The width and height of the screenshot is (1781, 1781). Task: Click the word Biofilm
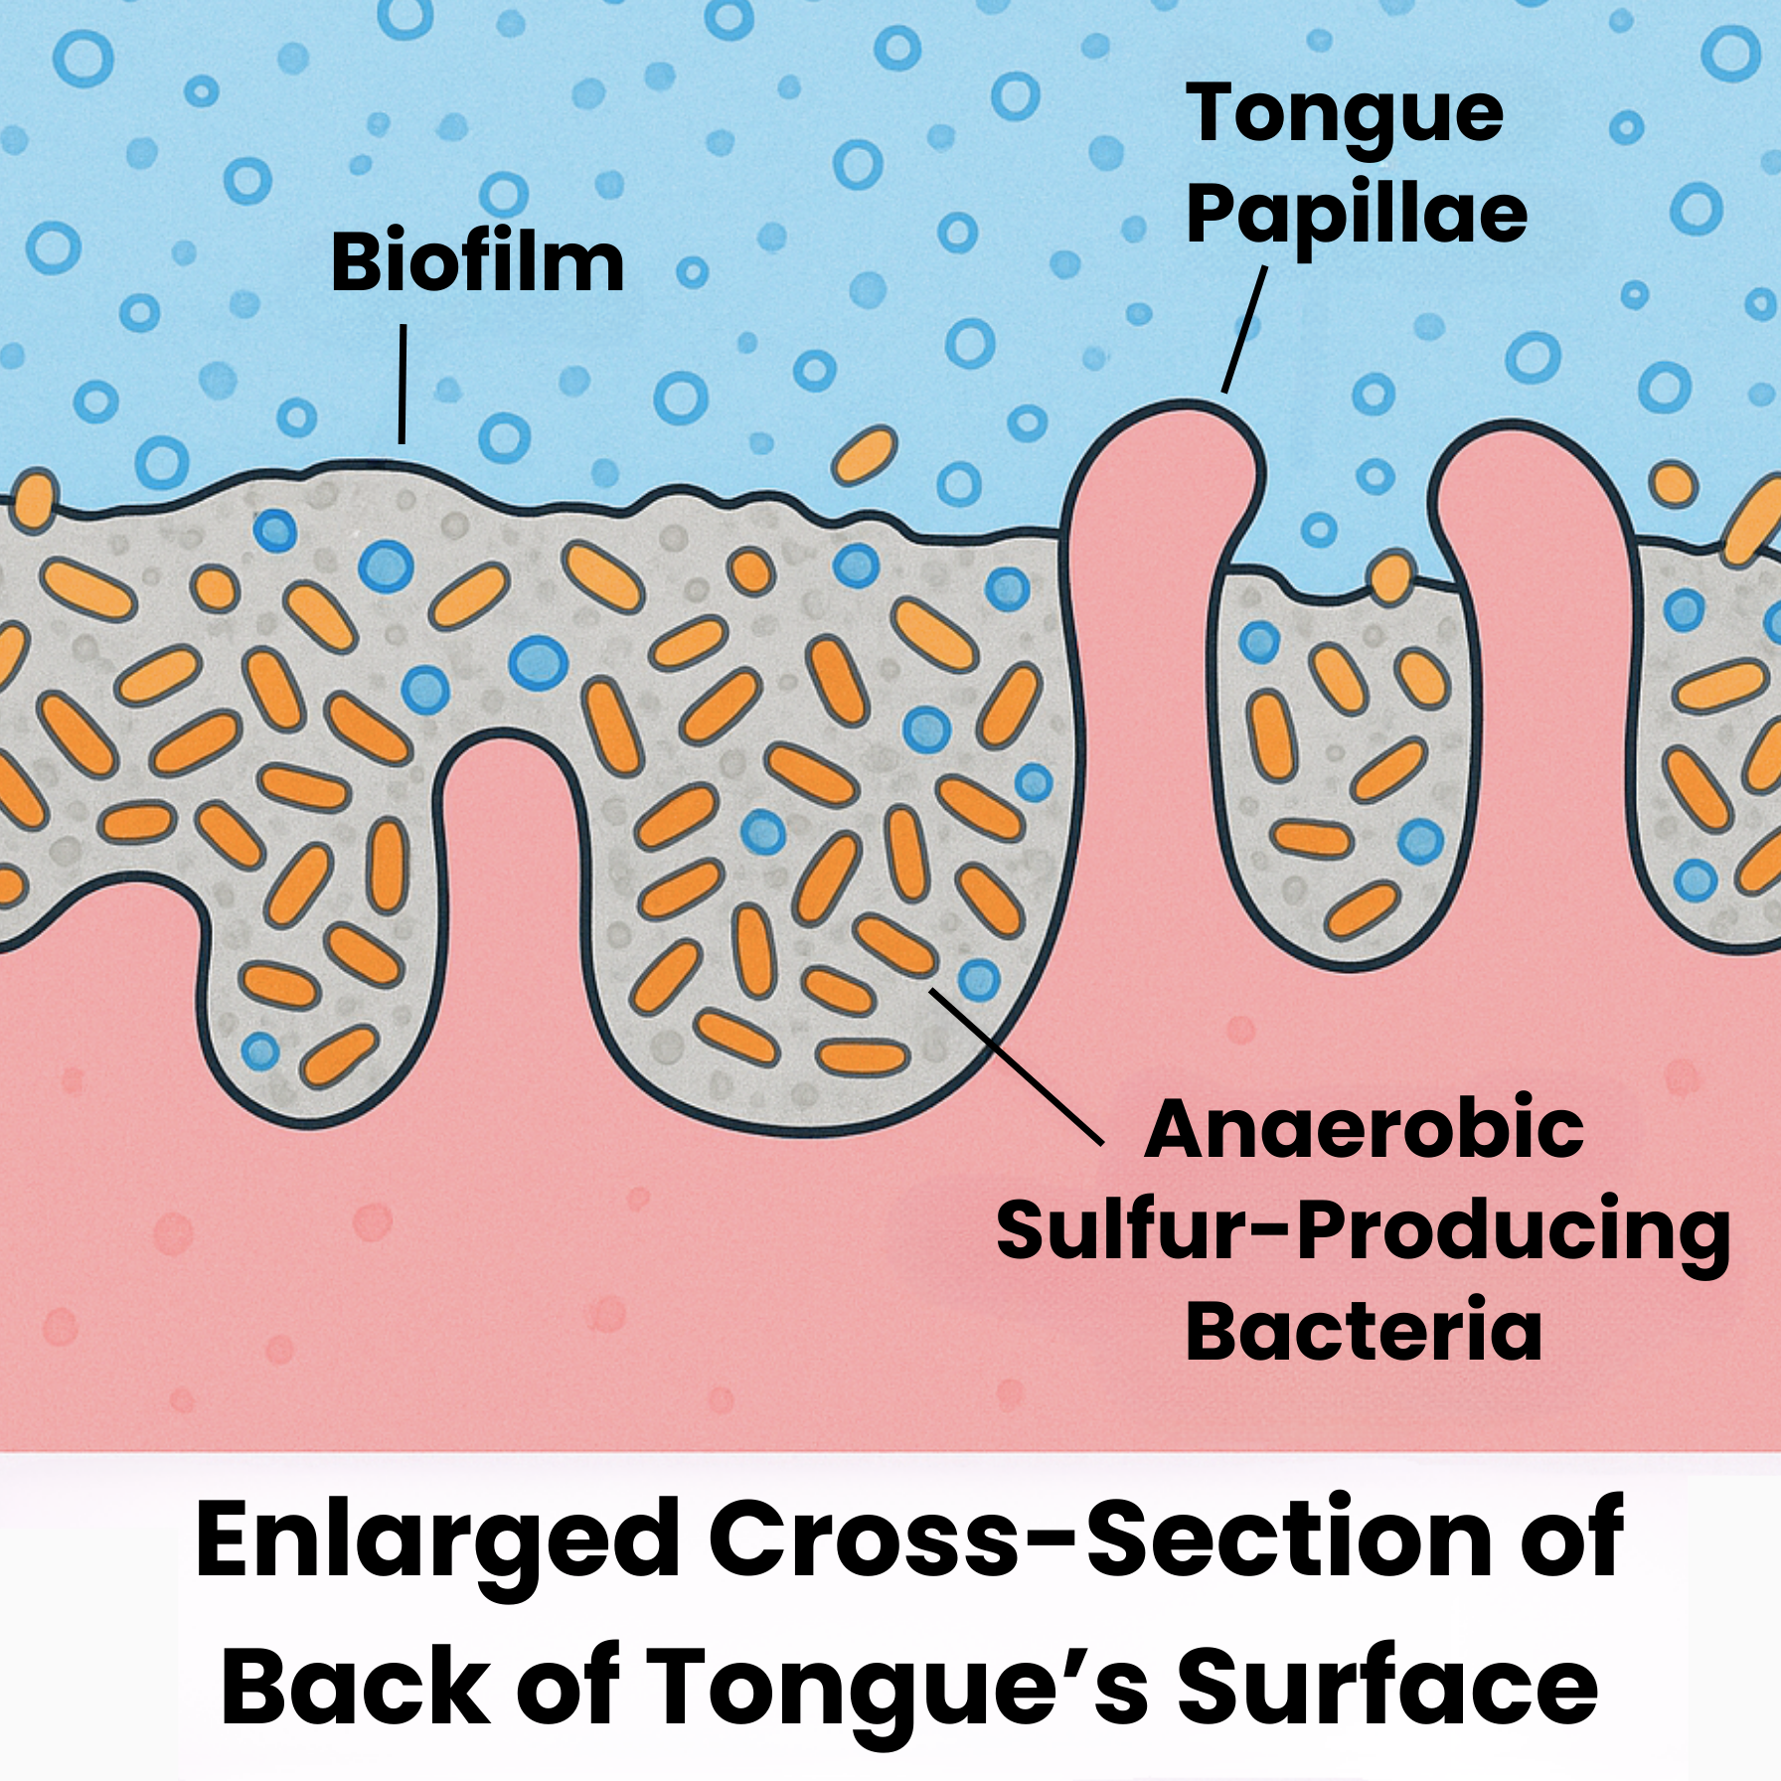pyautogui.click(x=477, y=262)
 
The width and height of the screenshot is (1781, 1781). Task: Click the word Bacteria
pyautogui.click(x=1364, y=1332)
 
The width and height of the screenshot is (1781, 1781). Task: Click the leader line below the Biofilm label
pyautogui.click(x=403, y=384)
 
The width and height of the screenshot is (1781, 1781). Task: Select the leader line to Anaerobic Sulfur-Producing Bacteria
pyautogui.click(x=1016, y=1066)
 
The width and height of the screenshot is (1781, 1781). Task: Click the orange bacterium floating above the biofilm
pyautogui.click(x=864, y=455)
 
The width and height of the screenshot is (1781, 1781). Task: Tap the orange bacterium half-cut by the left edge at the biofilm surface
pyautogui.click(x=36, y=501)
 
